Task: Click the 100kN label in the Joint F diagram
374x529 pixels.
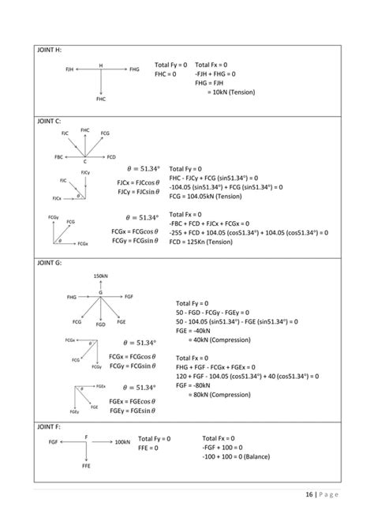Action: [122, 442]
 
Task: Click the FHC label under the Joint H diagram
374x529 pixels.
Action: [101, 99]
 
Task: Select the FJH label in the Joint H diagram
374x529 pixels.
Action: [69, 70]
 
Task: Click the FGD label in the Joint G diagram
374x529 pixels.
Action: [100, 324]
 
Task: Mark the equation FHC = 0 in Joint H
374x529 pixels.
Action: [166, 73]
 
